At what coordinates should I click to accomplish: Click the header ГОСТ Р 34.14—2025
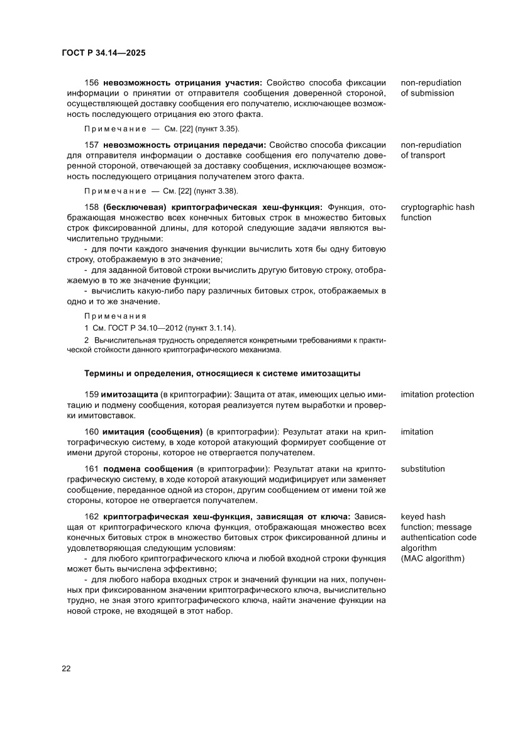(x=104, y=53)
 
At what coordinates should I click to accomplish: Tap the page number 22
(x=66, y=668)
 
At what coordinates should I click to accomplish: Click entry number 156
(x=92, y=82)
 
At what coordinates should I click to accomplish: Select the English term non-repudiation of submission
(x=431, y=87)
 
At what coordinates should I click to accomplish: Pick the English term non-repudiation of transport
(x=431, y=150)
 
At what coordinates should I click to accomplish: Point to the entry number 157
(x=92, y=145)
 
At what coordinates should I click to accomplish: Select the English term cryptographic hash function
(x=437, y=212)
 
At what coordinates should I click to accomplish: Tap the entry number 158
(x=92, y=207)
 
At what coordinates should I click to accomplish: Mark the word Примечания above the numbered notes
(x=115, y=316)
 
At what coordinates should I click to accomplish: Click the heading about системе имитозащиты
(x=222, y=373)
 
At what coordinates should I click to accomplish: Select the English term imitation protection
(x=437, y=394)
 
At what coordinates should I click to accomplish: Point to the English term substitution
(x=423, y=468)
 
